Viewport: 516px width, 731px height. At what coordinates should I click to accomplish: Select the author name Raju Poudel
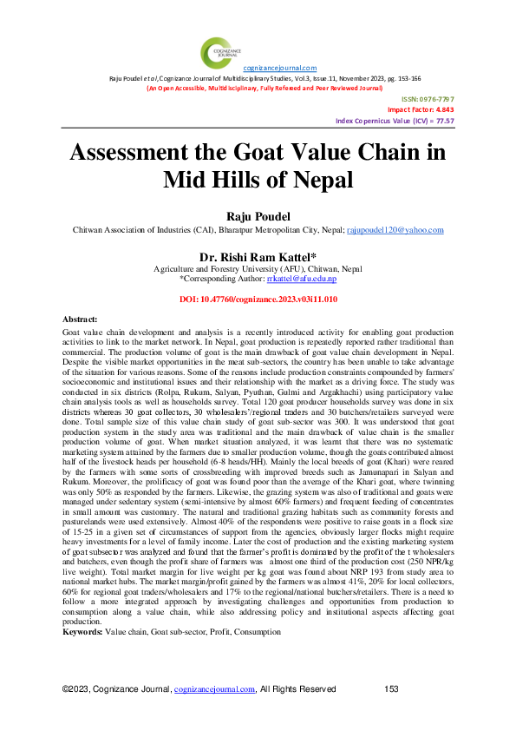tap(258, 215)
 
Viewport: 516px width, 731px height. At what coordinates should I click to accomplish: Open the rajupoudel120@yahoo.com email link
tap(395, 229)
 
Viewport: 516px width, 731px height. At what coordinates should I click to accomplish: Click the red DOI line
tap(258, 299)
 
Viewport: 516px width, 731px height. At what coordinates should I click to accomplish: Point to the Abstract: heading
tap(81, 322)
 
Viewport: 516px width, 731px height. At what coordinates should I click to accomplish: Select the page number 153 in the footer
tap(391, 689)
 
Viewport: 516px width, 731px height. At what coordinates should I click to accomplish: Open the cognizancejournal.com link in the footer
tap(214, 689)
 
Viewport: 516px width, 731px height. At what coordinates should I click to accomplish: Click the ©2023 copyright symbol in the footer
tap(66, 689)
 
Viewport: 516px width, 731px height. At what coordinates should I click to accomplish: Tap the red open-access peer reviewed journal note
tap(258, 89)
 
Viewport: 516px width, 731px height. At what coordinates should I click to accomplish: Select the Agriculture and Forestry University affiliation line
tap(258, 269)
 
